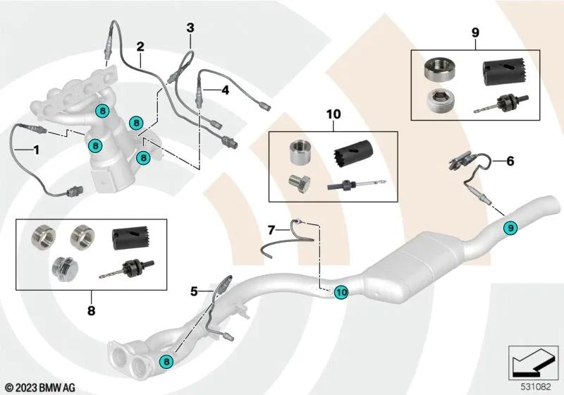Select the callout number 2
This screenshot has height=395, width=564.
(x=140, y=47)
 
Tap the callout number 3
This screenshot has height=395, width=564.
(x=190, y=28)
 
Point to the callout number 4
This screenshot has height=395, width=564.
(x=225, y=90)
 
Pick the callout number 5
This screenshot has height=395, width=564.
(x=194, y=289)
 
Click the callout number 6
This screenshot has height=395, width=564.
(x=510, y=161)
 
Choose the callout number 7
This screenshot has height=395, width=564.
(x=271, y=229)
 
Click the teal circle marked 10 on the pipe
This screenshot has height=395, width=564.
(x=341, y=290)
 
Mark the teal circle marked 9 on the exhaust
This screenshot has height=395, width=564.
(x=509, y=227)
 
